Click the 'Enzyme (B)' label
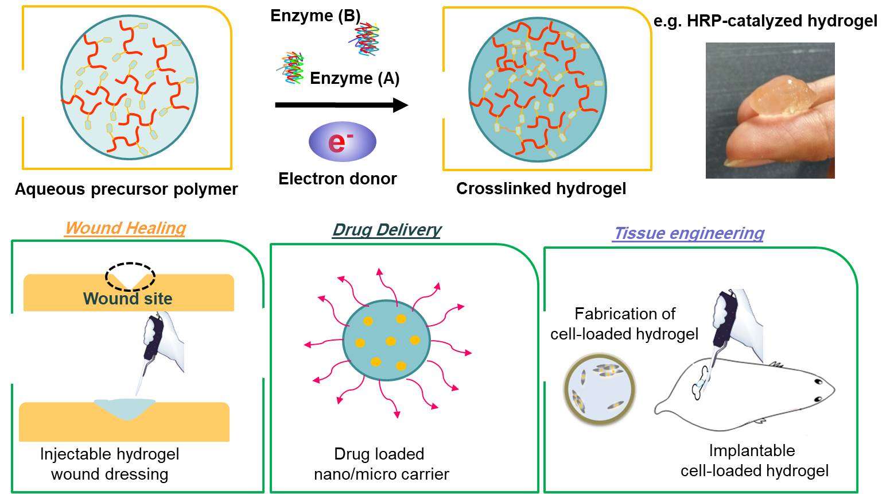pyautogui.click(x=316, y=16)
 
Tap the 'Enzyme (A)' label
pyautogui.click(x=355, y=78)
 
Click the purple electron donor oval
pyautogui.click(x=343, y=142)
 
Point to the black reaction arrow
pyautogui.click(x=341, y=105)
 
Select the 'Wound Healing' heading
pyautogui.click(x=126, y=228)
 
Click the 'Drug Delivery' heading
pyautogui.click(x=387, y=230)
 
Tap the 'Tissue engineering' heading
pyautogui.click(x=689, y=233)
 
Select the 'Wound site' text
pyautogui.click(x=127, y=299)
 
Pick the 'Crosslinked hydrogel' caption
pyautogui.click(x=541, y=188)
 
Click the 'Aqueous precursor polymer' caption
pyautogui.click(x=126, y=190)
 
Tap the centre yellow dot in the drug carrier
pyautogui.click(x=391, y=341)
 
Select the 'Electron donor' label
pyautogui.click(x=337, y=179)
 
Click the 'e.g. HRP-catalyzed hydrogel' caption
pyautogui.click(x=765, y=21)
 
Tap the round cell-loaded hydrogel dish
pyautogui.click(x=599, y=389)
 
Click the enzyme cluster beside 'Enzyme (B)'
pyautogui.click(x=365, y=39)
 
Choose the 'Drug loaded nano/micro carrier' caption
pyautogui.click(x=381, y=464)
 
